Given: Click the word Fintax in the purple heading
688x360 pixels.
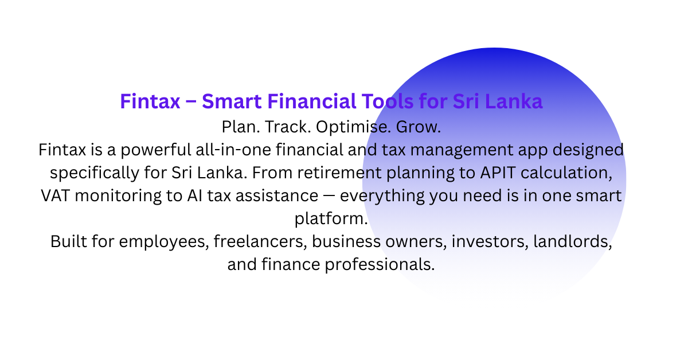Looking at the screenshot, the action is (150, 101).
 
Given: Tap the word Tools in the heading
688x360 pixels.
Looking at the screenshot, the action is (388, 101).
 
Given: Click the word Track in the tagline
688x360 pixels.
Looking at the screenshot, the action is (288, 127).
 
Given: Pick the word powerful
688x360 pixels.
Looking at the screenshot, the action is (156, 150).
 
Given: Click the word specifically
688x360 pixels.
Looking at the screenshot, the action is (95, 173).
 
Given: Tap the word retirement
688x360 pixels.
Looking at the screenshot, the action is (339, 173).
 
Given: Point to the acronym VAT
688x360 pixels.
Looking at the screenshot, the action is (55, 195).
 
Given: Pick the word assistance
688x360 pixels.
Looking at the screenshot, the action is (277, 196).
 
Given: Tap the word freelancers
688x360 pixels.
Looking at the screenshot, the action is (260, 242).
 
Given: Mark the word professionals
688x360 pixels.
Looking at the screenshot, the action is (380, 265).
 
